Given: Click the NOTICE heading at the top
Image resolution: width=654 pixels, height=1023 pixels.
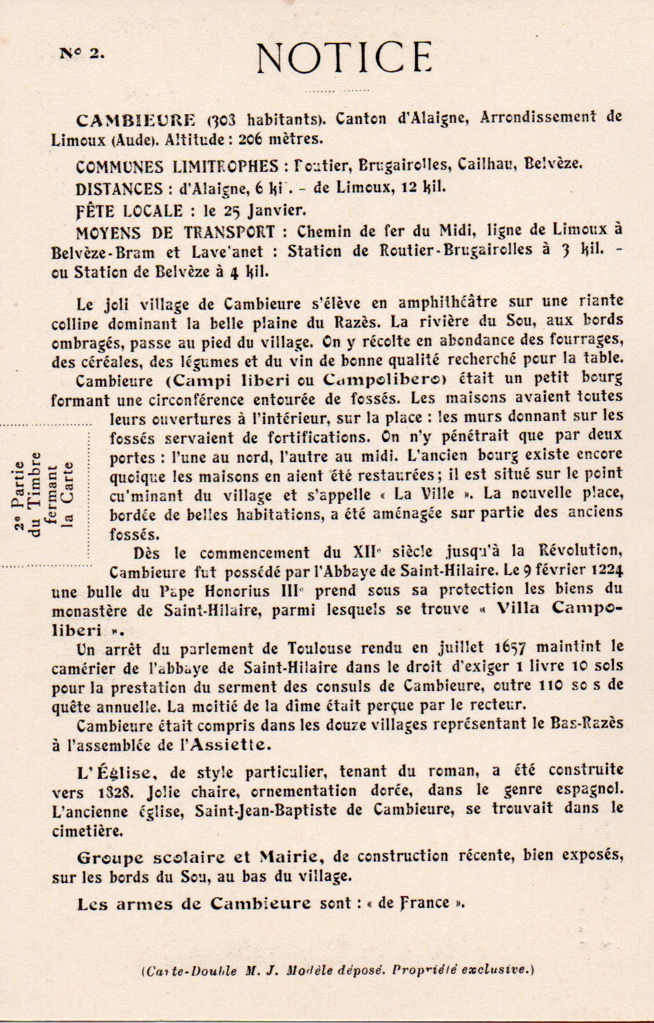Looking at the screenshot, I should (x=344, y=58).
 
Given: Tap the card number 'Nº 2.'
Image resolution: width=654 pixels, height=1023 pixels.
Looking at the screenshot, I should (x=82, y=53).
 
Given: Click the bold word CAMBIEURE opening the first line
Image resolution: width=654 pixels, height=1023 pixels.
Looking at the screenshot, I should (x=136, y=119).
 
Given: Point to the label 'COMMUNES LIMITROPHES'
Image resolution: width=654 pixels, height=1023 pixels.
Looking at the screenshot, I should (x=177, y=166).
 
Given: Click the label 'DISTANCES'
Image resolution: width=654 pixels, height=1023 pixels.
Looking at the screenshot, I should (x=119, y=188).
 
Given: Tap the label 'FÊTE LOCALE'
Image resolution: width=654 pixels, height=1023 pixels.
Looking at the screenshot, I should (x=129, y=210).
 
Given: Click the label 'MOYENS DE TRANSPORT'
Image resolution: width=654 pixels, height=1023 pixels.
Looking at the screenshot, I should (x=175, y=233).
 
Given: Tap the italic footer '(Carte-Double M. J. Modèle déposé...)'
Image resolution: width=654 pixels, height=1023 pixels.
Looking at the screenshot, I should (x=337, y=970).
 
